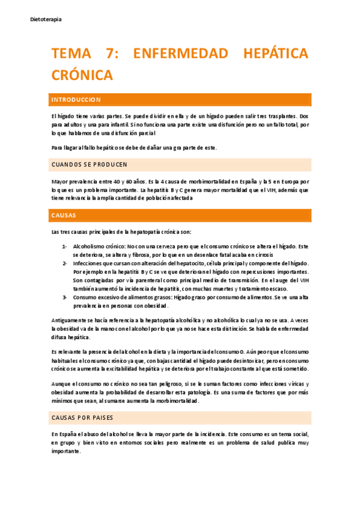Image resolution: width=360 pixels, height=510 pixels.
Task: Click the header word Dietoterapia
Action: click(46, 19)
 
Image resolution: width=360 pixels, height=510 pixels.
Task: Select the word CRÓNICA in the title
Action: click(82, 75)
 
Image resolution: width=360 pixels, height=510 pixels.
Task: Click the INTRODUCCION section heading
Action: click(76, 99)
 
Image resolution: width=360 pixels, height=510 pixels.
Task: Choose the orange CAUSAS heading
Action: click(64, 215)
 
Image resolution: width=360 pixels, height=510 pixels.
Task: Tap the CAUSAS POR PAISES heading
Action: click(82, 417)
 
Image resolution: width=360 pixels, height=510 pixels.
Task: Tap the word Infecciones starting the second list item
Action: click(88, 263)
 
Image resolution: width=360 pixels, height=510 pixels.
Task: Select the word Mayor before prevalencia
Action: click(60, 181)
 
